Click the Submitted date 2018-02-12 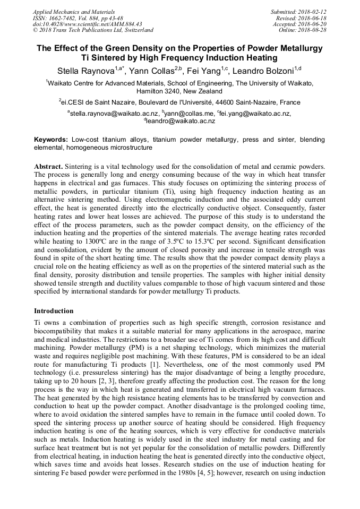(312, 11)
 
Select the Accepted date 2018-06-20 (312, 24)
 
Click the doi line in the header (88, 24)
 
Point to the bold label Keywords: (51, 140)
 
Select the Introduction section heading (54, 310)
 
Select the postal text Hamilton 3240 (158, 91)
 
